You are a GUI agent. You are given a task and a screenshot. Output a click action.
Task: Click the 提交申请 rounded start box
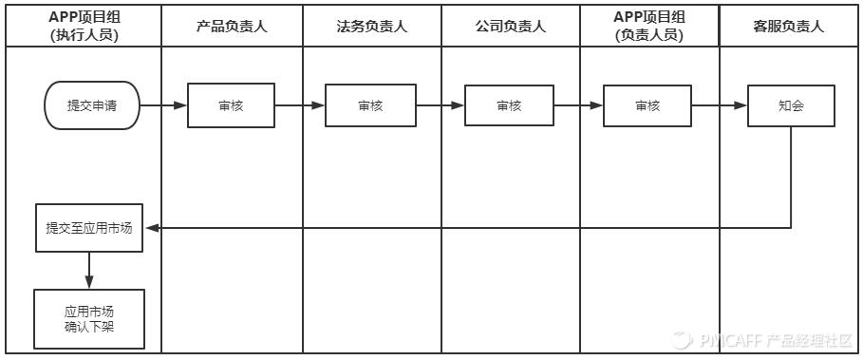pos(91,105)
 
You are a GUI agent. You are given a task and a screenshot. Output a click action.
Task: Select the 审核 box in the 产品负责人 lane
pos(231,105)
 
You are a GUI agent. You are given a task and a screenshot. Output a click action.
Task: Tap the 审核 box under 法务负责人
pos(369,105)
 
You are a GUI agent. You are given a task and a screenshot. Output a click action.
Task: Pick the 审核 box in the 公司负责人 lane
pos(509,105)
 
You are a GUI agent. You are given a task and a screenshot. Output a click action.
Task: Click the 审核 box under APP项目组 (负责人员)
pos(647,105)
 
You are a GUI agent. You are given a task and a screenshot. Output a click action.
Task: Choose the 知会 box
pos(790,105)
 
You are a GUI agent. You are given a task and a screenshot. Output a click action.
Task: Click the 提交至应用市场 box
pos(89,228)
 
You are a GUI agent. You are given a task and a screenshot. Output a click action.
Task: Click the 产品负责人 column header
pos(231,27)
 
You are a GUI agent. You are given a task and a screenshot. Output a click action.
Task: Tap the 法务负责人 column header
pos(371,27)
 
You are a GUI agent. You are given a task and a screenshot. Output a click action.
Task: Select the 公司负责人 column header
pos(510,27)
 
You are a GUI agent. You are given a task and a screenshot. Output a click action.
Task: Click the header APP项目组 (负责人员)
pos(649,26)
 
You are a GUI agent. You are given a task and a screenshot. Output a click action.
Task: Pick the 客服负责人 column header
pos(788,27)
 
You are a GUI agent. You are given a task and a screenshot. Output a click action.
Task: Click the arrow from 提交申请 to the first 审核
pos(163,105)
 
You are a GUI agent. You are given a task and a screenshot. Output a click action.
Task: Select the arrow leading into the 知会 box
pos(718,105)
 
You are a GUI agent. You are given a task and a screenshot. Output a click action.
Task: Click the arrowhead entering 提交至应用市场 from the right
pos(152,228)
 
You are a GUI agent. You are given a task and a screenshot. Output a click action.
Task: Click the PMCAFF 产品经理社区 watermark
pos(764,340)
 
